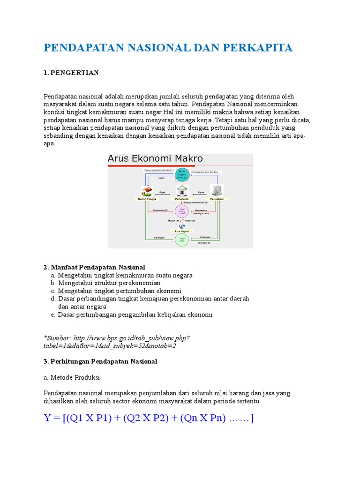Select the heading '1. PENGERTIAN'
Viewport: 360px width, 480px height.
click(x=71, y=73)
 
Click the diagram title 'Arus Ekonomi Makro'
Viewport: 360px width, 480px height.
click(x=155, y=158)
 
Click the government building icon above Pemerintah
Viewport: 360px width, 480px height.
click(x=181, y=190)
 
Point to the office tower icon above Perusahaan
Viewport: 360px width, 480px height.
click(x=217, y=190)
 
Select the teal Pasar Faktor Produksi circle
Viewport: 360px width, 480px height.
click(x=182, y=175)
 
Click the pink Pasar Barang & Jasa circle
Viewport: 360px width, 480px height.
click(x=181, y=211)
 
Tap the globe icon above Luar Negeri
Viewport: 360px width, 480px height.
click(x=181, y=226)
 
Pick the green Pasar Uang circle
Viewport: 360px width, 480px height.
click(x=181, y=240)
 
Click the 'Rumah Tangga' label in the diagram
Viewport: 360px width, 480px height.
click(x=147, y=199)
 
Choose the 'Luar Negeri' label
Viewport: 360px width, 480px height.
click(x=181, y=232)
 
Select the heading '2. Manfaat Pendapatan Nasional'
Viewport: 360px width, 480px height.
click(x=94, y=267)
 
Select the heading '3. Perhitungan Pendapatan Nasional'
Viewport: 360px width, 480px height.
click(x=100, y=361)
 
